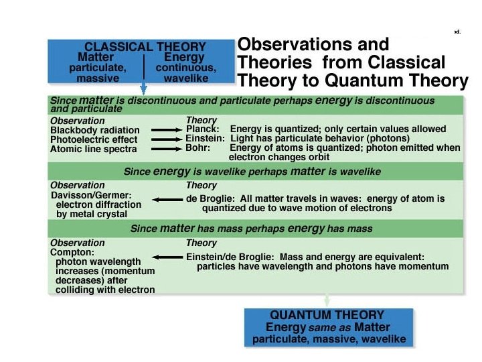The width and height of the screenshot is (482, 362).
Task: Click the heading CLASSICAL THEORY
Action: point(145,47)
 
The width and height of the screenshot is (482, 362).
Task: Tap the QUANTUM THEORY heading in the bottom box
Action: point(327,315)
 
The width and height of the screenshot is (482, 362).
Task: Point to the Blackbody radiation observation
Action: point(94,130)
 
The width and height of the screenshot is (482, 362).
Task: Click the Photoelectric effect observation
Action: point(93,139)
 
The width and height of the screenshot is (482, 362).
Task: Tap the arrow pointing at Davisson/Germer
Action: point(167,199)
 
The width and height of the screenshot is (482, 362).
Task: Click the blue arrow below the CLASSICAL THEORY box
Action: point(143,88)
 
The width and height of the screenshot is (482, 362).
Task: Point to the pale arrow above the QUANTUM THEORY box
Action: point(327,300)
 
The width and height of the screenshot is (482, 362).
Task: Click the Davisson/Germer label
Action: point(93,195)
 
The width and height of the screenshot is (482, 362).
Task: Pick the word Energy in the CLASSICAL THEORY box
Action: point(185,58)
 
